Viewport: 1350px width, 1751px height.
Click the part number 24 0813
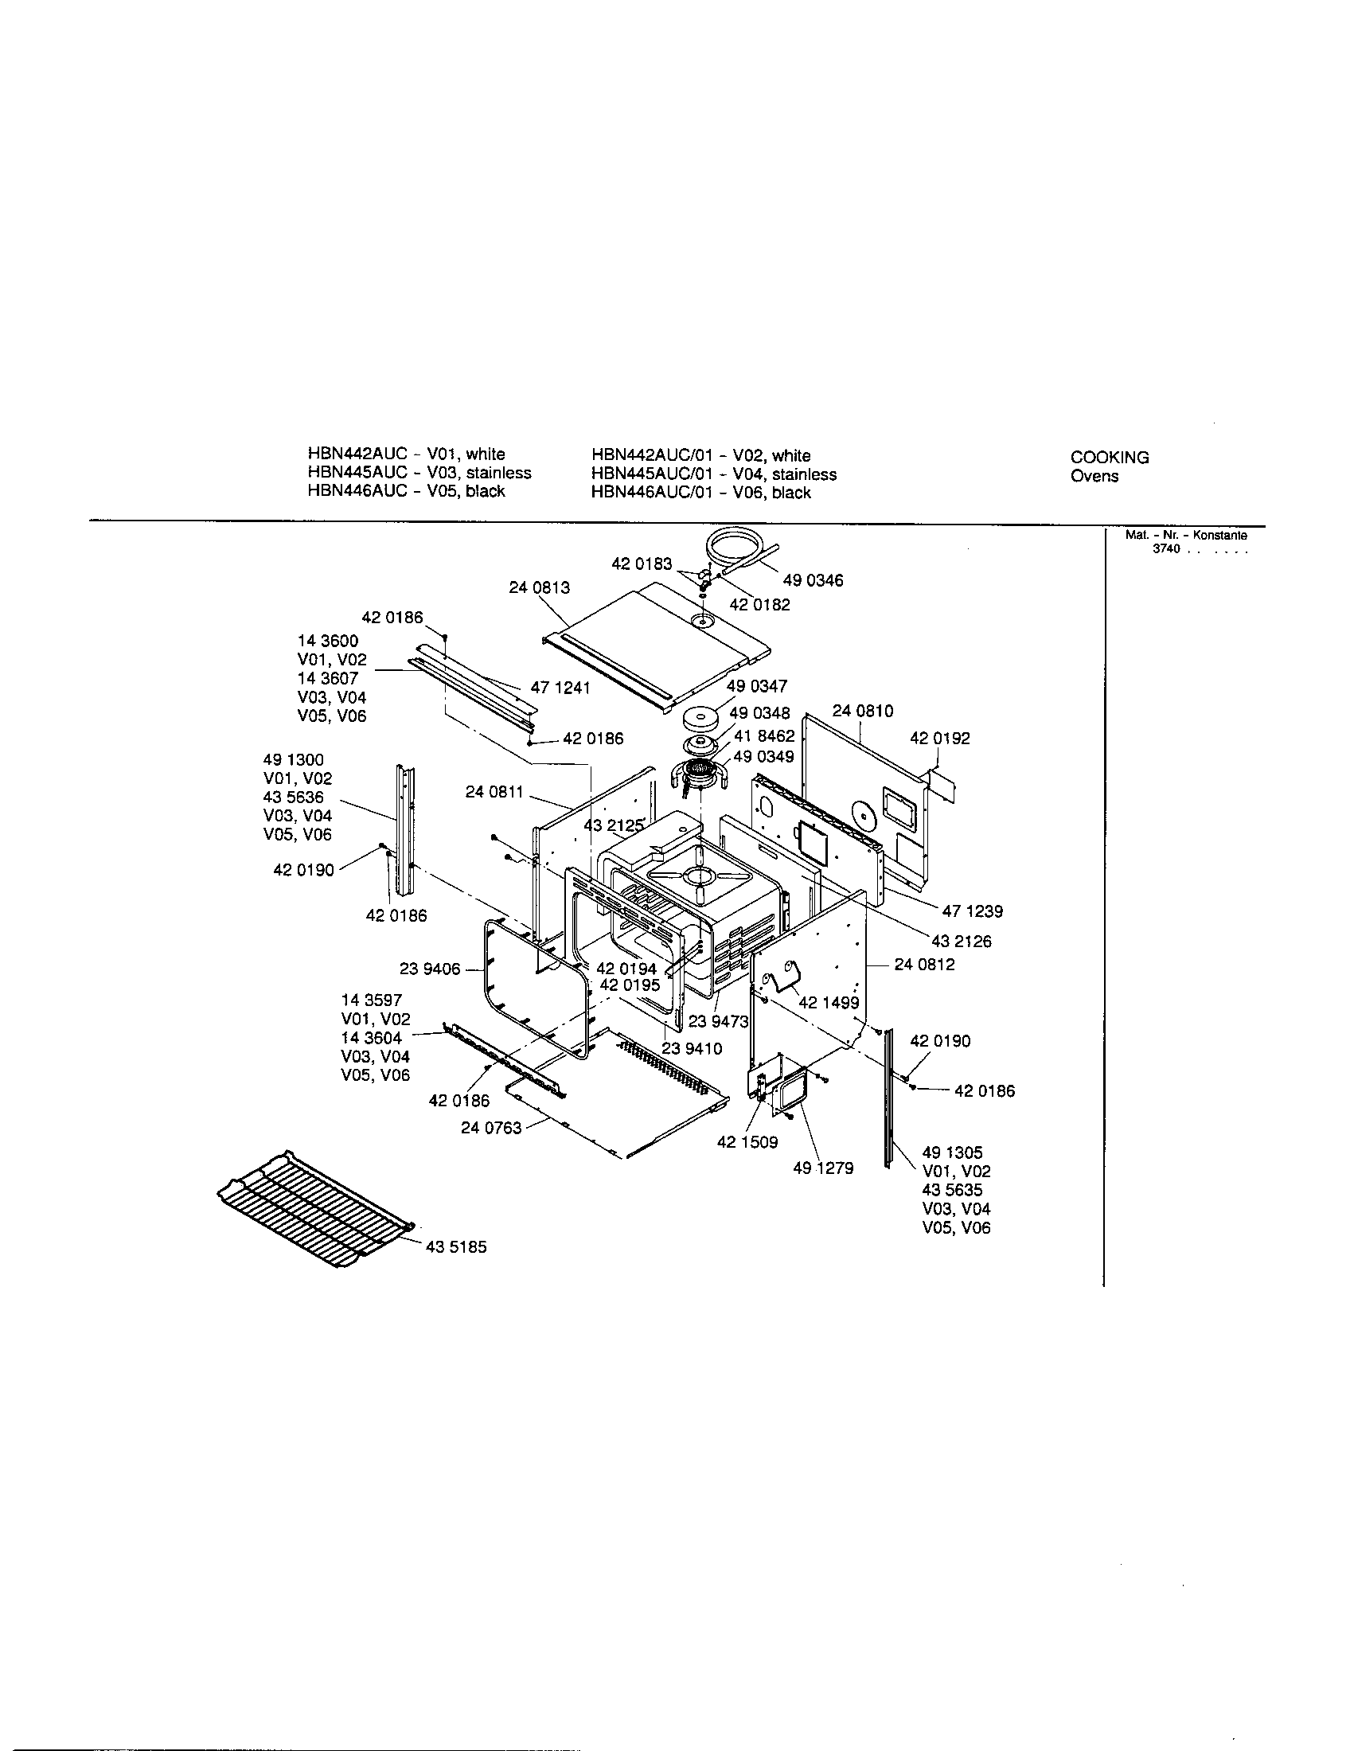point(539,587)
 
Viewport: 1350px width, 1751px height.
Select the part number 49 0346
point(813,580)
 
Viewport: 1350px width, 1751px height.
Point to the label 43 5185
point(456,1247)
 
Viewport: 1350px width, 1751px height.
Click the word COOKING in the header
point(1110,458)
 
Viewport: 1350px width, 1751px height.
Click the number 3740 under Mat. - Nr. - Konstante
point(1166,550)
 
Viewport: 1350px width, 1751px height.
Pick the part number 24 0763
point(490,1128)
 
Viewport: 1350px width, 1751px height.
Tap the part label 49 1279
point(822,1169)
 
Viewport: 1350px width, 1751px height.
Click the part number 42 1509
point(747,1142)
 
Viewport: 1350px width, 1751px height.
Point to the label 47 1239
point(972,911)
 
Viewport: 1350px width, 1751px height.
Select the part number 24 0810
point(863,711)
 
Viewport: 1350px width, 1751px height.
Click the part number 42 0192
point(939,739)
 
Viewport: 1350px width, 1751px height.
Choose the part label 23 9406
point(430,969)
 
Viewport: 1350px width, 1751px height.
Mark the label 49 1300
point(294,760)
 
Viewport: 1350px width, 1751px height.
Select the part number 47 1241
point(560,688)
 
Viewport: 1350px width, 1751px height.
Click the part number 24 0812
point(924,965)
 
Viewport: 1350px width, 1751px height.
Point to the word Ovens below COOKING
point(1094,476)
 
